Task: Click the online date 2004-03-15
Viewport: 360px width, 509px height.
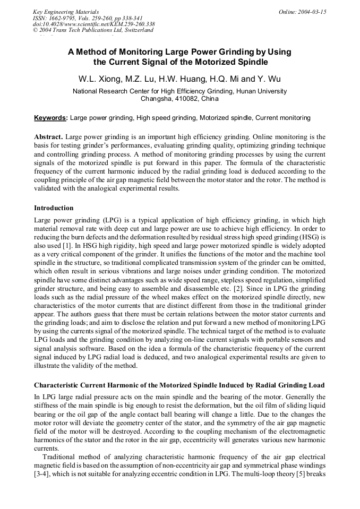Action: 309,12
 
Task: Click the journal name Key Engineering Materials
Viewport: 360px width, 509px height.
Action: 66,12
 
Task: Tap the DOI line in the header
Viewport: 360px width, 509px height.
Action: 93,24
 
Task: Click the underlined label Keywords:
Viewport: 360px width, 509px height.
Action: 50,117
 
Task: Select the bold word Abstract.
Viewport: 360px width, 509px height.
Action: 49,136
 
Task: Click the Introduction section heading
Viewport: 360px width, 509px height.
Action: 54,208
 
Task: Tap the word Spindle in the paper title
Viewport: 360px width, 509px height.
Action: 237,62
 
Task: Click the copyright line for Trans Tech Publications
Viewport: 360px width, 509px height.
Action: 93,30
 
